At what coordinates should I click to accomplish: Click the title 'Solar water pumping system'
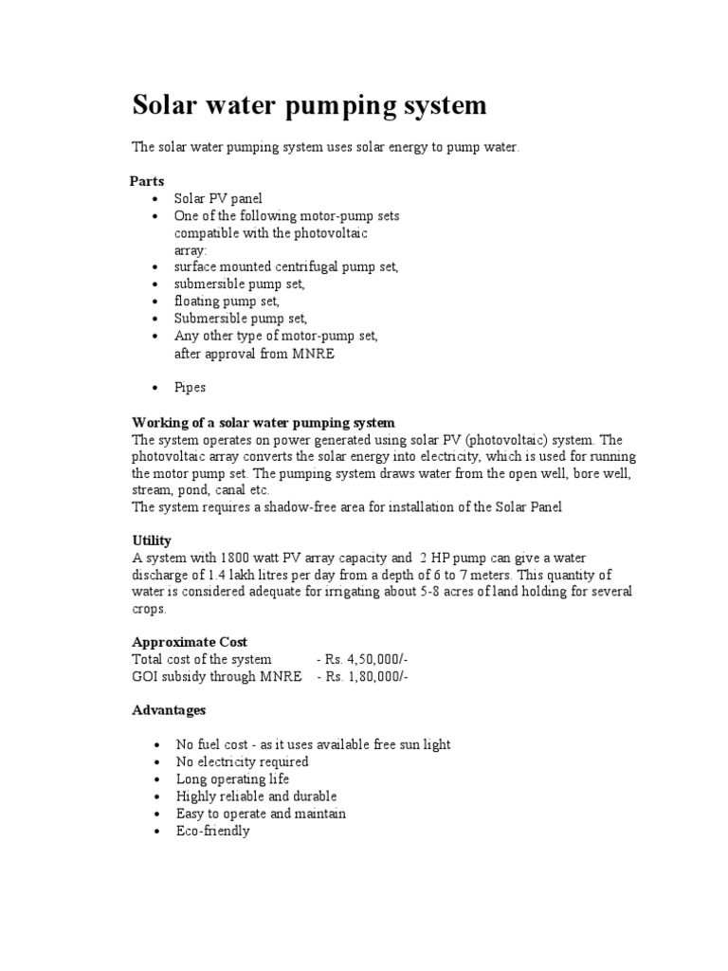click(309, 105)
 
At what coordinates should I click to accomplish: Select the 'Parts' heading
click(147, 180)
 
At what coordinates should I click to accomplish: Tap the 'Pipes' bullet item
click(190, 388)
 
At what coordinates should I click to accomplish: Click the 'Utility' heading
click(151, 540)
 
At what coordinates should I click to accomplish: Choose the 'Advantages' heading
click(168, 709)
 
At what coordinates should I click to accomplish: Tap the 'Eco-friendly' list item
click(212, 831)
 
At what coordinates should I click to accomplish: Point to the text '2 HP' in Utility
click(433, 558)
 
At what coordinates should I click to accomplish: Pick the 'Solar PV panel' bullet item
click(218, 198)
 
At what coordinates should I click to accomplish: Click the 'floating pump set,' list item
click(227, 302)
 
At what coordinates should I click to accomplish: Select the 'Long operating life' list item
click(232, 779)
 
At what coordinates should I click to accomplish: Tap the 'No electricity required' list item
click(242, 761)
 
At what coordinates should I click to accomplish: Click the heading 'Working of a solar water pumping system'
click(263, 422)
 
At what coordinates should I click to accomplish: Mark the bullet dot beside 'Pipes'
click(155, 389)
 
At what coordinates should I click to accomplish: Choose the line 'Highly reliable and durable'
click(256, 797)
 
